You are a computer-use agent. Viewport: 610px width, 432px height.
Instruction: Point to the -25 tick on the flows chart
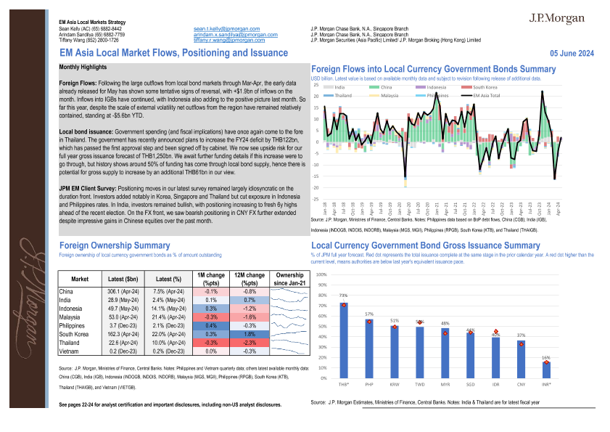[x=316, y=198]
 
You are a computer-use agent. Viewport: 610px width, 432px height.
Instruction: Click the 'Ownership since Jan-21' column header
[x=289, y=280]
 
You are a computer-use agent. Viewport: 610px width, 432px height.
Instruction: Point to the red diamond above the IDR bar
[x=516, y=333]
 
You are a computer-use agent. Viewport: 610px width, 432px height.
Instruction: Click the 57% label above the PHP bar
[x=369, y=314]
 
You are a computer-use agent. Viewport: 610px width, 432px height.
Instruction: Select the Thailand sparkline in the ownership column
[x=289, y=343]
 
